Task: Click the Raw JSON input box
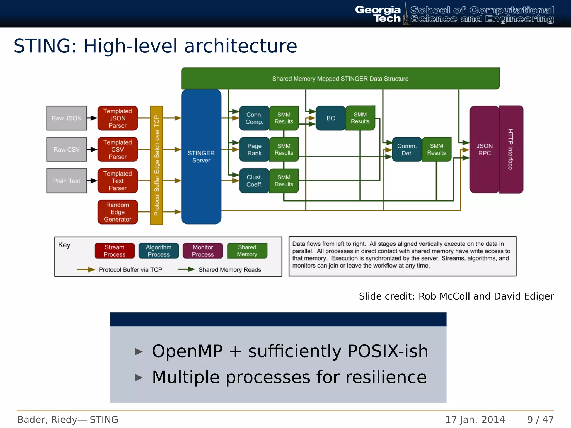point(66,118)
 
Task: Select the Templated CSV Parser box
point(117,149)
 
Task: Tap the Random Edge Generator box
point(117,212)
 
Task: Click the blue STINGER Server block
point(201,157)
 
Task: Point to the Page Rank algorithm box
point(254,149)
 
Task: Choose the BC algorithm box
point(330,118)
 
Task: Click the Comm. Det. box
point(407,149)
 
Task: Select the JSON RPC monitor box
point(484,149)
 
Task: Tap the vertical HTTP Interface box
point(510,149)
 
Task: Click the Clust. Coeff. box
point(254,181)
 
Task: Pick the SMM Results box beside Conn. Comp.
point(284,118)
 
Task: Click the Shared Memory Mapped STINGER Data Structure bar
point(340,79)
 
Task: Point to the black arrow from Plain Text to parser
point(92,181)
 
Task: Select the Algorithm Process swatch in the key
point(158,251)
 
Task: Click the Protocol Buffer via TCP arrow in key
point(86,269)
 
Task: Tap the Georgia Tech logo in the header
point(378,14)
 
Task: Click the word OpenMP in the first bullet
point(187,351)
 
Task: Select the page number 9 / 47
point(540,419)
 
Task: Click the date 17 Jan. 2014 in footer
point(475,419)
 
